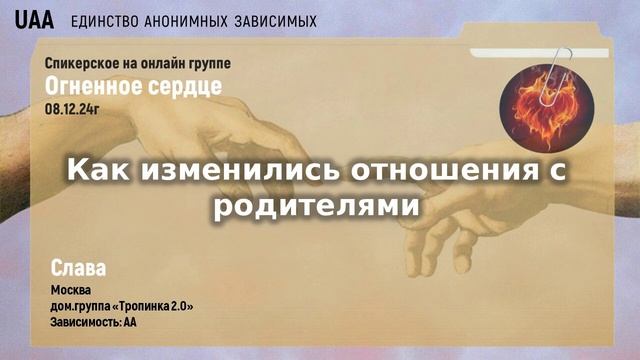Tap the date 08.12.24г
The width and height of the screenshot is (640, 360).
73,107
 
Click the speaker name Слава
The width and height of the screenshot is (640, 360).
77,268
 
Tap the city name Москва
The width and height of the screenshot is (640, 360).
70,291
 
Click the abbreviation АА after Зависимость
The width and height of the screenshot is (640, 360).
129,322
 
